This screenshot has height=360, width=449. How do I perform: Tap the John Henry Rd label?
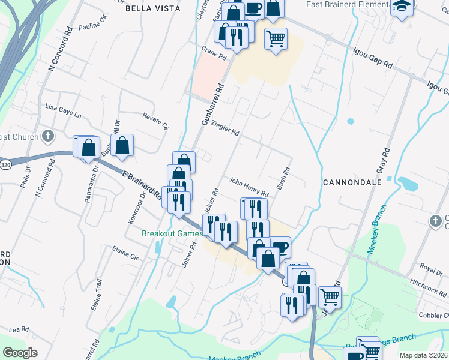click(248, 186)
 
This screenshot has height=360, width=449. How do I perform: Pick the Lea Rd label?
click(19, 329)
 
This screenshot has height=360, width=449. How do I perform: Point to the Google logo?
click(20, 353)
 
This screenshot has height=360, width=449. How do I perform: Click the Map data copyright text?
click(424, 355)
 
